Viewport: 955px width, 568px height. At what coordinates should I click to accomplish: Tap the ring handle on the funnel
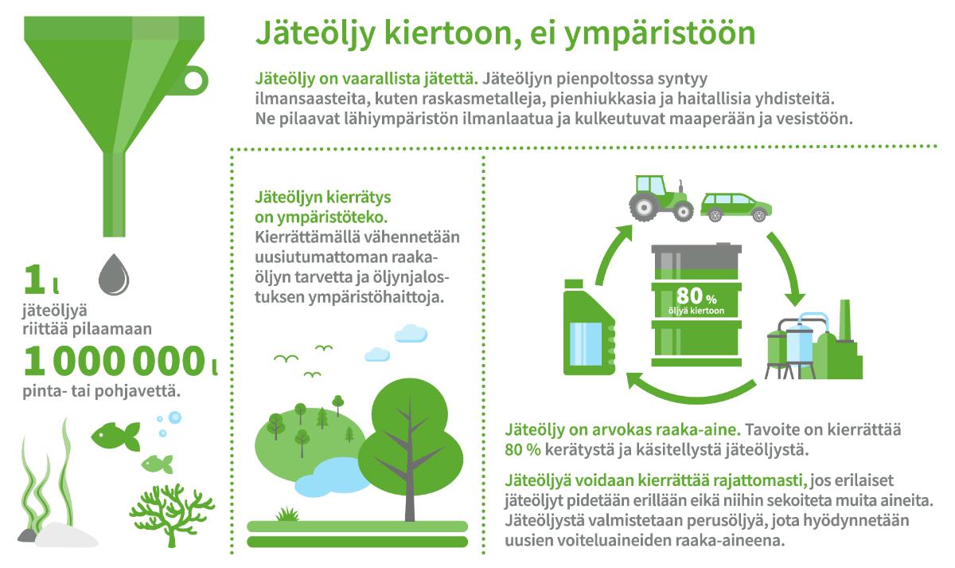point(194,80)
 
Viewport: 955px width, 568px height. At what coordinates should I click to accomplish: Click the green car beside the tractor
point(736,207)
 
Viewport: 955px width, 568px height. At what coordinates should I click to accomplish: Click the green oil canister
point(589,327)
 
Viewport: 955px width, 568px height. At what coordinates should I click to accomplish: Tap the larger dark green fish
point(115,436)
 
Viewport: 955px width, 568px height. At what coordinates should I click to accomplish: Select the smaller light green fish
point(158,464)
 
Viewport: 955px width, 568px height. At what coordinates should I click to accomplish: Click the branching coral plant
point(172,515)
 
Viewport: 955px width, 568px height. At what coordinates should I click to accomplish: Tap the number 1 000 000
point(115,361)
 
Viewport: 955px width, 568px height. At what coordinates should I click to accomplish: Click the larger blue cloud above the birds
point(411,333)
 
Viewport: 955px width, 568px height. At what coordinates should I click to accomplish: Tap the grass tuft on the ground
point(288,514)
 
